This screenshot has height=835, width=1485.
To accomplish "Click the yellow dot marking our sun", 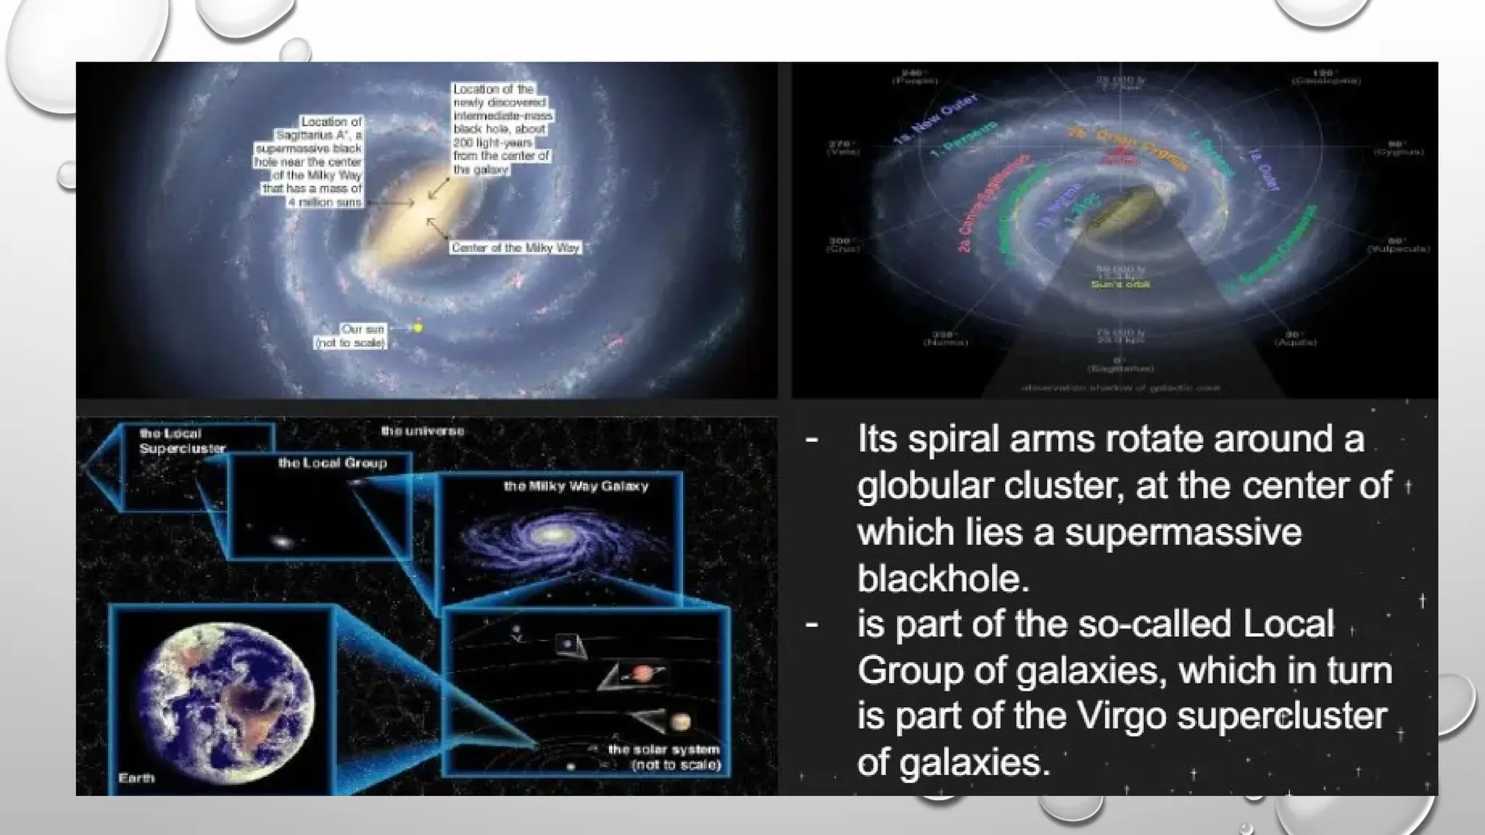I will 418,328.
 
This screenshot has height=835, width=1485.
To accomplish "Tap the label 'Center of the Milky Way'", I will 516,248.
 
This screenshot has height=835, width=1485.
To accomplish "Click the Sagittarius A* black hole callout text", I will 309,162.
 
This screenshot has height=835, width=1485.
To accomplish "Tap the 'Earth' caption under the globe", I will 136,778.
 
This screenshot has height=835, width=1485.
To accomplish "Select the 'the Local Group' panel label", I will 333,462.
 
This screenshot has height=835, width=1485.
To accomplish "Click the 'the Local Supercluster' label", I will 182,441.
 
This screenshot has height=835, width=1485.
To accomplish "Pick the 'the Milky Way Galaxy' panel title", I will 576,486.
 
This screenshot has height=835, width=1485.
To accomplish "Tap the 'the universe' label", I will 423,431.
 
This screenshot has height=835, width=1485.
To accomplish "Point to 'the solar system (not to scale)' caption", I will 664,757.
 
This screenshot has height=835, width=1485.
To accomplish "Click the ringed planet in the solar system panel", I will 642,674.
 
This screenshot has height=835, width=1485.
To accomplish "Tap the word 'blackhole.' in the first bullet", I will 943,579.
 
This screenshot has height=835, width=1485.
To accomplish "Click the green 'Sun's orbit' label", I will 1120,284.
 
